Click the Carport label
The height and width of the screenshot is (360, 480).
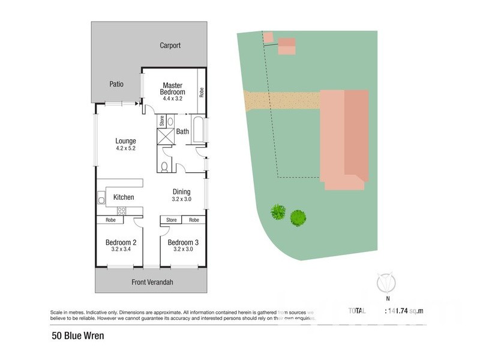click(x=170, y=46)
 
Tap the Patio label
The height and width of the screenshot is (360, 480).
click(x=116, y=84)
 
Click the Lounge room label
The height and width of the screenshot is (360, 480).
click(x=126, y=142)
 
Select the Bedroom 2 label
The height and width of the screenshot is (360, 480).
click(x=122, y=242)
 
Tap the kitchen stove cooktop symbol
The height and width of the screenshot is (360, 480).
click(x=121, y=211)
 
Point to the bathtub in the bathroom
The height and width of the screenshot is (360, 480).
click(x=199, y=131)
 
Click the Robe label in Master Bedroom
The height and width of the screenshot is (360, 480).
click(x=202, y=92)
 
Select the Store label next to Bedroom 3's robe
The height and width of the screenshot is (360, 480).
click(x=172, y=220)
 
